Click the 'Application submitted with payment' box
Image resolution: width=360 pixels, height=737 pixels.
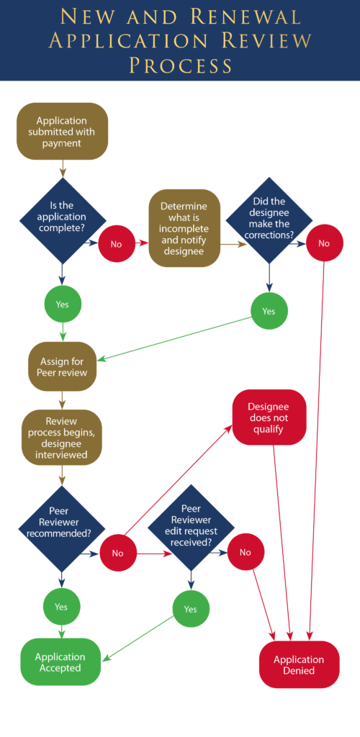62,131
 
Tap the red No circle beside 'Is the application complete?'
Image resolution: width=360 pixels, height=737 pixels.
116,243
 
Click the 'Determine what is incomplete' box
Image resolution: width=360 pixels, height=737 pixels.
184,228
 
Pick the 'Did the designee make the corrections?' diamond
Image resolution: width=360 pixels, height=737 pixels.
269,220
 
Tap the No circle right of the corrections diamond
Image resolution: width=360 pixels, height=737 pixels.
324,243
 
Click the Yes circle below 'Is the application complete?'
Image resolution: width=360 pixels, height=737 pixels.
62,304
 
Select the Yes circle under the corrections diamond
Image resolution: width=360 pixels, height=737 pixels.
269,311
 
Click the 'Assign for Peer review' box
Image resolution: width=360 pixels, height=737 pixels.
62,366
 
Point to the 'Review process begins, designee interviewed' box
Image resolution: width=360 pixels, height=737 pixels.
61,437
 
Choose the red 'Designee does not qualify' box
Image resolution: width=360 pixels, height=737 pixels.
269,417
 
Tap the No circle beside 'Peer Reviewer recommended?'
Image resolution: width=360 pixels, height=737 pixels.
117,553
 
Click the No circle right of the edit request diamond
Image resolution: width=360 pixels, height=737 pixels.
246,553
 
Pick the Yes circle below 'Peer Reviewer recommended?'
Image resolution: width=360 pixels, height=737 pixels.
61,606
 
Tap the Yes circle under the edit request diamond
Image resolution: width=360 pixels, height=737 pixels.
190,609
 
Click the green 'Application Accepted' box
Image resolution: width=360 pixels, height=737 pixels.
60,662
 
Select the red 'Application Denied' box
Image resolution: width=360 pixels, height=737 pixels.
299,665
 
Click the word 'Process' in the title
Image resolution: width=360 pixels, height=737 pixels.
180,65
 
